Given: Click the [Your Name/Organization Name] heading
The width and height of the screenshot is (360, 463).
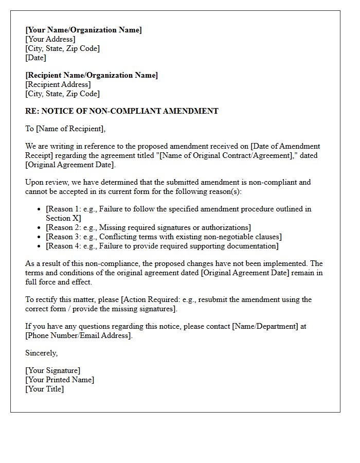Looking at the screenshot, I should point(83,30).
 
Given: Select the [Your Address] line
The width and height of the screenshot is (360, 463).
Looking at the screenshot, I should point(50,39).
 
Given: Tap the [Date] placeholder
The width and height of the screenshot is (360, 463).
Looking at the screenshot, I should point(36,58).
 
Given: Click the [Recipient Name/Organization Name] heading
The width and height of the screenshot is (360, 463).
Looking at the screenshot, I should point(92,75).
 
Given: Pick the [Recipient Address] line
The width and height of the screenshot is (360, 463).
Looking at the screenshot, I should point(58,84).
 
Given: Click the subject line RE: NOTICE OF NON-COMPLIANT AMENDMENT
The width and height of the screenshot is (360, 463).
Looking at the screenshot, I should point(122,111).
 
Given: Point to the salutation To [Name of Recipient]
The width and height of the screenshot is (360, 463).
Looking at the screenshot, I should point(65,129).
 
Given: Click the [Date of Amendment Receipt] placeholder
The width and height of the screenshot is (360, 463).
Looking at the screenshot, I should point(285,146).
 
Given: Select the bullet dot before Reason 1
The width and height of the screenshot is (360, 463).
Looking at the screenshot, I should point(40,209).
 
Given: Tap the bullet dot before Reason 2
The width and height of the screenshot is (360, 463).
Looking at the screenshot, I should point(40,228).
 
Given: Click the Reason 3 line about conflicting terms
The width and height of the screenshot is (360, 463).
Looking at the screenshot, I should point(164,237).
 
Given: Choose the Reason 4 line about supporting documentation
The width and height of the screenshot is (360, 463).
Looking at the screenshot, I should point(162,246).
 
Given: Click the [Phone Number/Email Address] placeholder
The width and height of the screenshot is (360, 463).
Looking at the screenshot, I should point(79,335).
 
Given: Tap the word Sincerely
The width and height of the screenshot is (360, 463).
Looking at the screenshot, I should point(42,353).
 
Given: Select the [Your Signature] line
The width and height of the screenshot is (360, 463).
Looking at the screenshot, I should point(53,370).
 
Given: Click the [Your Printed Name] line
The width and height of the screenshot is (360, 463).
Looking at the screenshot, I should point(60,380).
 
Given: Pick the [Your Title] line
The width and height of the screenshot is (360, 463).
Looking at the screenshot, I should point(45,389).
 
